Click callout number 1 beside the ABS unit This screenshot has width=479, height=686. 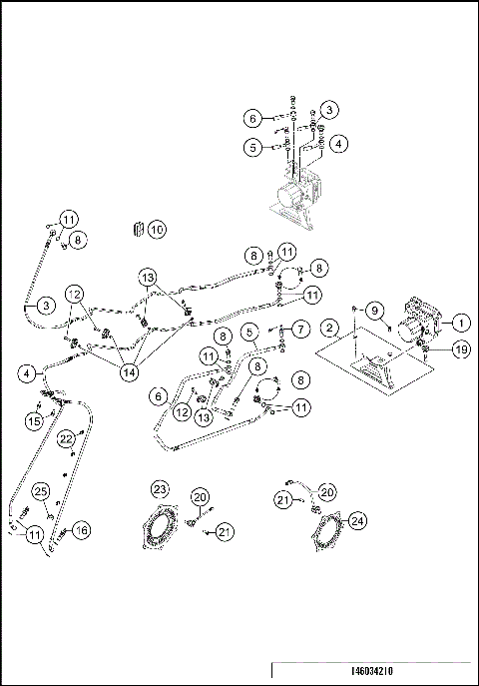coord(460,323)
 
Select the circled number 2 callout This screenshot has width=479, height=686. coord(328,328)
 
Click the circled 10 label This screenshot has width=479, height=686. coord(157,229)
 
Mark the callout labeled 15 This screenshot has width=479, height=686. coord(32,422)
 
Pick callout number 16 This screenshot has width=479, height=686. coord(81,530)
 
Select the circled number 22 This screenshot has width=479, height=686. coord(66,438)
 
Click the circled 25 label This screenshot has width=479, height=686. coord(42,490)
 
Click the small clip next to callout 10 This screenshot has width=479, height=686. coord(137,229)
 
